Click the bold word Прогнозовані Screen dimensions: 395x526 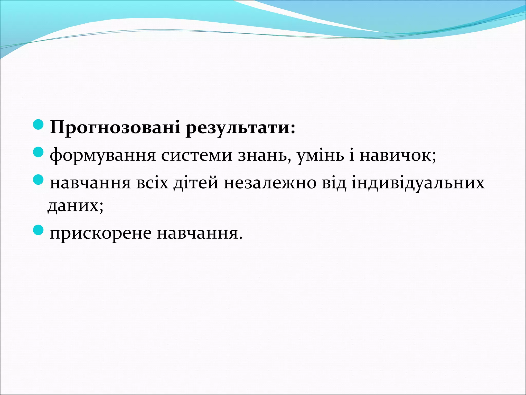point(115,127)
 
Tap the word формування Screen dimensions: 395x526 point(103,156)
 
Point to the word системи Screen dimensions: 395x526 point(197,156)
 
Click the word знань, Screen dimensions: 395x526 point(265,156)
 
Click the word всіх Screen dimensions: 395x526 point(152,183)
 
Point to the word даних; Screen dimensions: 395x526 point(76,206)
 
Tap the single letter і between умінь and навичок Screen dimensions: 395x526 point(352,156)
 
